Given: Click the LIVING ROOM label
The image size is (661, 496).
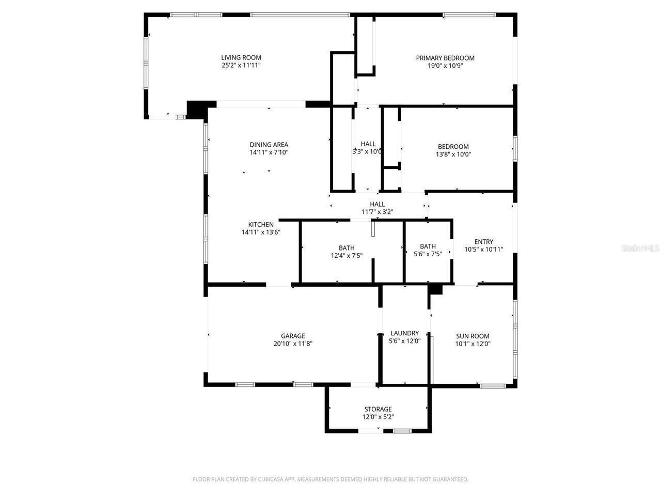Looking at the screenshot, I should (241, 58).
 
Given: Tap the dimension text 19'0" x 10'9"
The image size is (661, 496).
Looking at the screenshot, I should (445, 66).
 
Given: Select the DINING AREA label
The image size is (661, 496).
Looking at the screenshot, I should (269, 145).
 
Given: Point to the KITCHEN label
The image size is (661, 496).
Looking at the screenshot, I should (261, 225).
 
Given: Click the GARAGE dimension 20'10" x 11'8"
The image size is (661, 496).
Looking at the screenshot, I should (293, 344).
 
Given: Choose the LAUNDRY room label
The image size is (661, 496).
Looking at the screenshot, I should (404, 333).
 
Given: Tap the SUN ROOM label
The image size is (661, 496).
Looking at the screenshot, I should (473, 336).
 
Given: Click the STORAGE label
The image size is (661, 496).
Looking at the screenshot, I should (378, 409).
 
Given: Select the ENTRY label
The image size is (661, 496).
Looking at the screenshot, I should (483, 242).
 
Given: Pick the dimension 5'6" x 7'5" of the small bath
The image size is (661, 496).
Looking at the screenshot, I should (428, 254).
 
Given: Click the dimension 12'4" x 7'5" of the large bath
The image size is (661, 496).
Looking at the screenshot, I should (347, 256).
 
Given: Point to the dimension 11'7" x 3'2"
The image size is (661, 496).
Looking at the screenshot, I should (377, 212).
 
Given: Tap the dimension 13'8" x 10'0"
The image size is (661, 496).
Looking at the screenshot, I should (453, 154).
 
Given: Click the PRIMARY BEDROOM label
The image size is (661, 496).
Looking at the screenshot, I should (445, 58).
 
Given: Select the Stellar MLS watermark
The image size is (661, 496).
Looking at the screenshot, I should (640, 249).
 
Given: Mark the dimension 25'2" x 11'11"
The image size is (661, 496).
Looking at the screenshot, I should (241, 66).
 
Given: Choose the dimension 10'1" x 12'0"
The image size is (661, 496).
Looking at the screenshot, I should (473, 344).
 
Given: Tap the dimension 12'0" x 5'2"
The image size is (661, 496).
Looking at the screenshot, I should (378, 417).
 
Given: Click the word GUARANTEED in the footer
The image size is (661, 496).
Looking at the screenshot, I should (450, 479).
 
